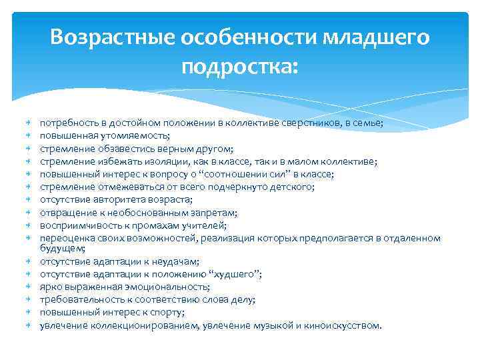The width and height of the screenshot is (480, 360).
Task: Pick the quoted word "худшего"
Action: point(234,274)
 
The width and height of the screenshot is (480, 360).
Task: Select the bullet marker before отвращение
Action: point(30,213)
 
